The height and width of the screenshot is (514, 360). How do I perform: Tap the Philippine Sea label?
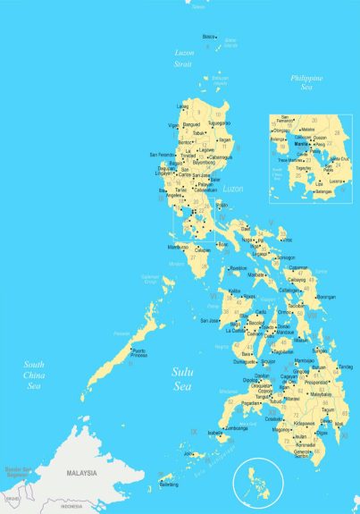click(306, 83)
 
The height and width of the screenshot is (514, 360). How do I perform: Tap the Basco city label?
click(210, 37)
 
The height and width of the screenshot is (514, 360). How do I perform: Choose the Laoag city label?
click(183, 106)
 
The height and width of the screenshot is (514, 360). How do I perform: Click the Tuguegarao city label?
click(220, 122)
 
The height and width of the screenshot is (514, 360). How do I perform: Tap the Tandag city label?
click(346, 366)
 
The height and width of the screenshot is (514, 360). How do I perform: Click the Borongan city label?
click(325, 297)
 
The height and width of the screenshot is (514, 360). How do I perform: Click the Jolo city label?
click(189, 454)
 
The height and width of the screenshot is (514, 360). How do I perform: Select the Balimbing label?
click(169, 485)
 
